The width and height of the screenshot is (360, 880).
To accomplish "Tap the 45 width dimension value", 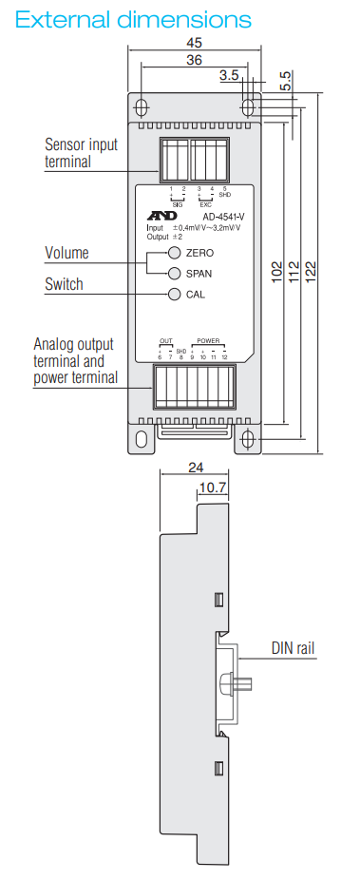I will [x=194, y=43].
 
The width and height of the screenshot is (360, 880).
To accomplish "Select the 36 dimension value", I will [x=194, y=60].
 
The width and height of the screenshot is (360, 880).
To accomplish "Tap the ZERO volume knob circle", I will [x=175, y=254].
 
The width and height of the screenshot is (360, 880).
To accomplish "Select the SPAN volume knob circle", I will [x=175, y=274].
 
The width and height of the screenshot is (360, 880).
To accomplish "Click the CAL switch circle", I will [x=175, y=295].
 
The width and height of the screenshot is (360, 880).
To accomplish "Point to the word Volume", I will [x=66, y=253].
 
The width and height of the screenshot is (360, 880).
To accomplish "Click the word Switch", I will [x=64, y=284].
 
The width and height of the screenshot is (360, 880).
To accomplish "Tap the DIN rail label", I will [x=293, y=649].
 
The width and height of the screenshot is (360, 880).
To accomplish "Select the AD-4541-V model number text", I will [x=223, y=217].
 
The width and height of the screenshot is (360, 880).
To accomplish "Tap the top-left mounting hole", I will [x=141, y=105].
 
